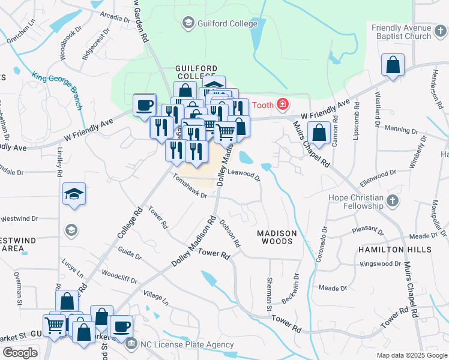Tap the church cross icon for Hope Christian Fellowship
coord(392,200)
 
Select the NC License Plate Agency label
coord(187,344)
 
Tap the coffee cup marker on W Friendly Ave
coord(144,104)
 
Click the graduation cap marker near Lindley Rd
coord(74,194)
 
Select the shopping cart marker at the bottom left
coord(55,326)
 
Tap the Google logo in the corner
coord(20,353)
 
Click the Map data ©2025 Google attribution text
coord(412,355)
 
